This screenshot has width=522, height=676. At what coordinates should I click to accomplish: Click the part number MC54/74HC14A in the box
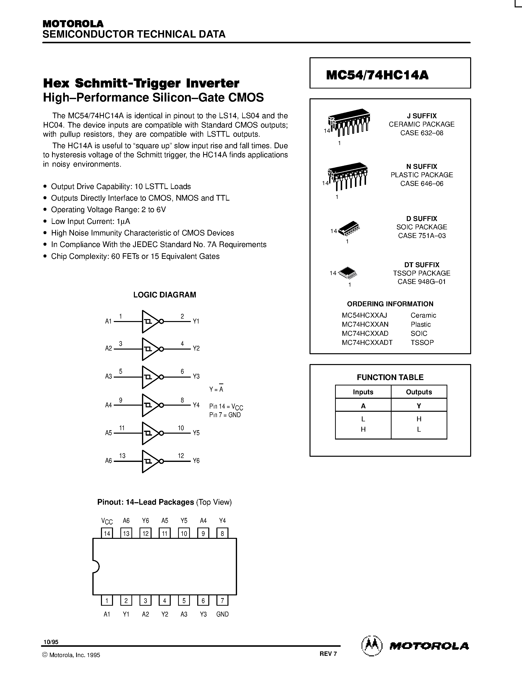click(377, 75)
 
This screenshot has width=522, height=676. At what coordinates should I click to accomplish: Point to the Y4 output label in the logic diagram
click(196, 405)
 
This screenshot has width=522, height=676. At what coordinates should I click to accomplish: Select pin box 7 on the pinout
click(222, 601)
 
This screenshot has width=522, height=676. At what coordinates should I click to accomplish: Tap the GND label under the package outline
click(222, 614)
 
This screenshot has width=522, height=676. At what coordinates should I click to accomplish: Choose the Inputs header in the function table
click(363, 392)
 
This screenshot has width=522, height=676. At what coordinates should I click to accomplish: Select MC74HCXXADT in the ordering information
click(367, 342)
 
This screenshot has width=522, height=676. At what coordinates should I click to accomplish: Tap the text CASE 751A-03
click(422, 235)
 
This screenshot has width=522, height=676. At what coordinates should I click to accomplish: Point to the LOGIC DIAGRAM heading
click(165, 295)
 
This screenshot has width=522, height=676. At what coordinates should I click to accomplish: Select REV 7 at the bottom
click(328, 654)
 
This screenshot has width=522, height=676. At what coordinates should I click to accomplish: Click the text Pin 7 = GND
click(225, 415)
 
